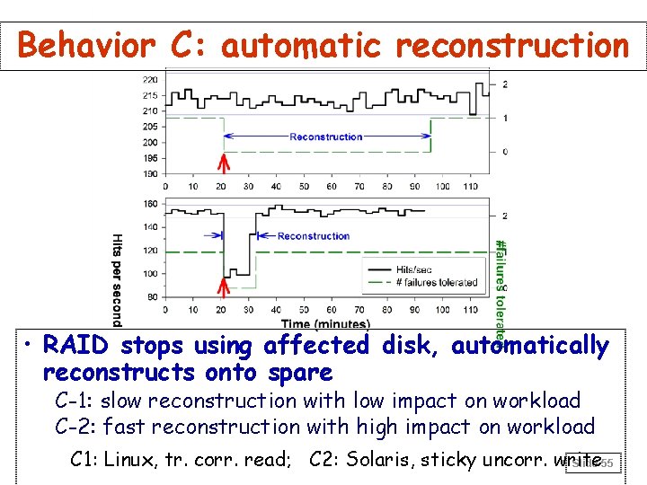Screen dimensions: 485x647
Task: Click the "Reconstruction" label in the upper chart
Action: coord(326,137)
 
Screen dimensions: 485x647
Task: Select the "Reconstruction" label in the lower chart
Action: coord(314,236)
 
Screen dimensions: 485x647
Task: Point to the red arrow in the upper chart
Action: coord(224,162)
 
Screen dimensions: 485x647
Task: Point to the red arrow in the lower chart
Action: coord(224,287)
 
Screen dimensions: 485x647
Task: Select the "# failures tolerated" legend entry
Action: coord(436,283)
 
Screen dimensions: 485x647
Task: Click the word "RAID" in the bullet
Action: coord(77,346)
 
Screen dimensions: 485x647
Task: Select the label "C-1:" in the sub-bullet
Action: coord(75,401)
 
